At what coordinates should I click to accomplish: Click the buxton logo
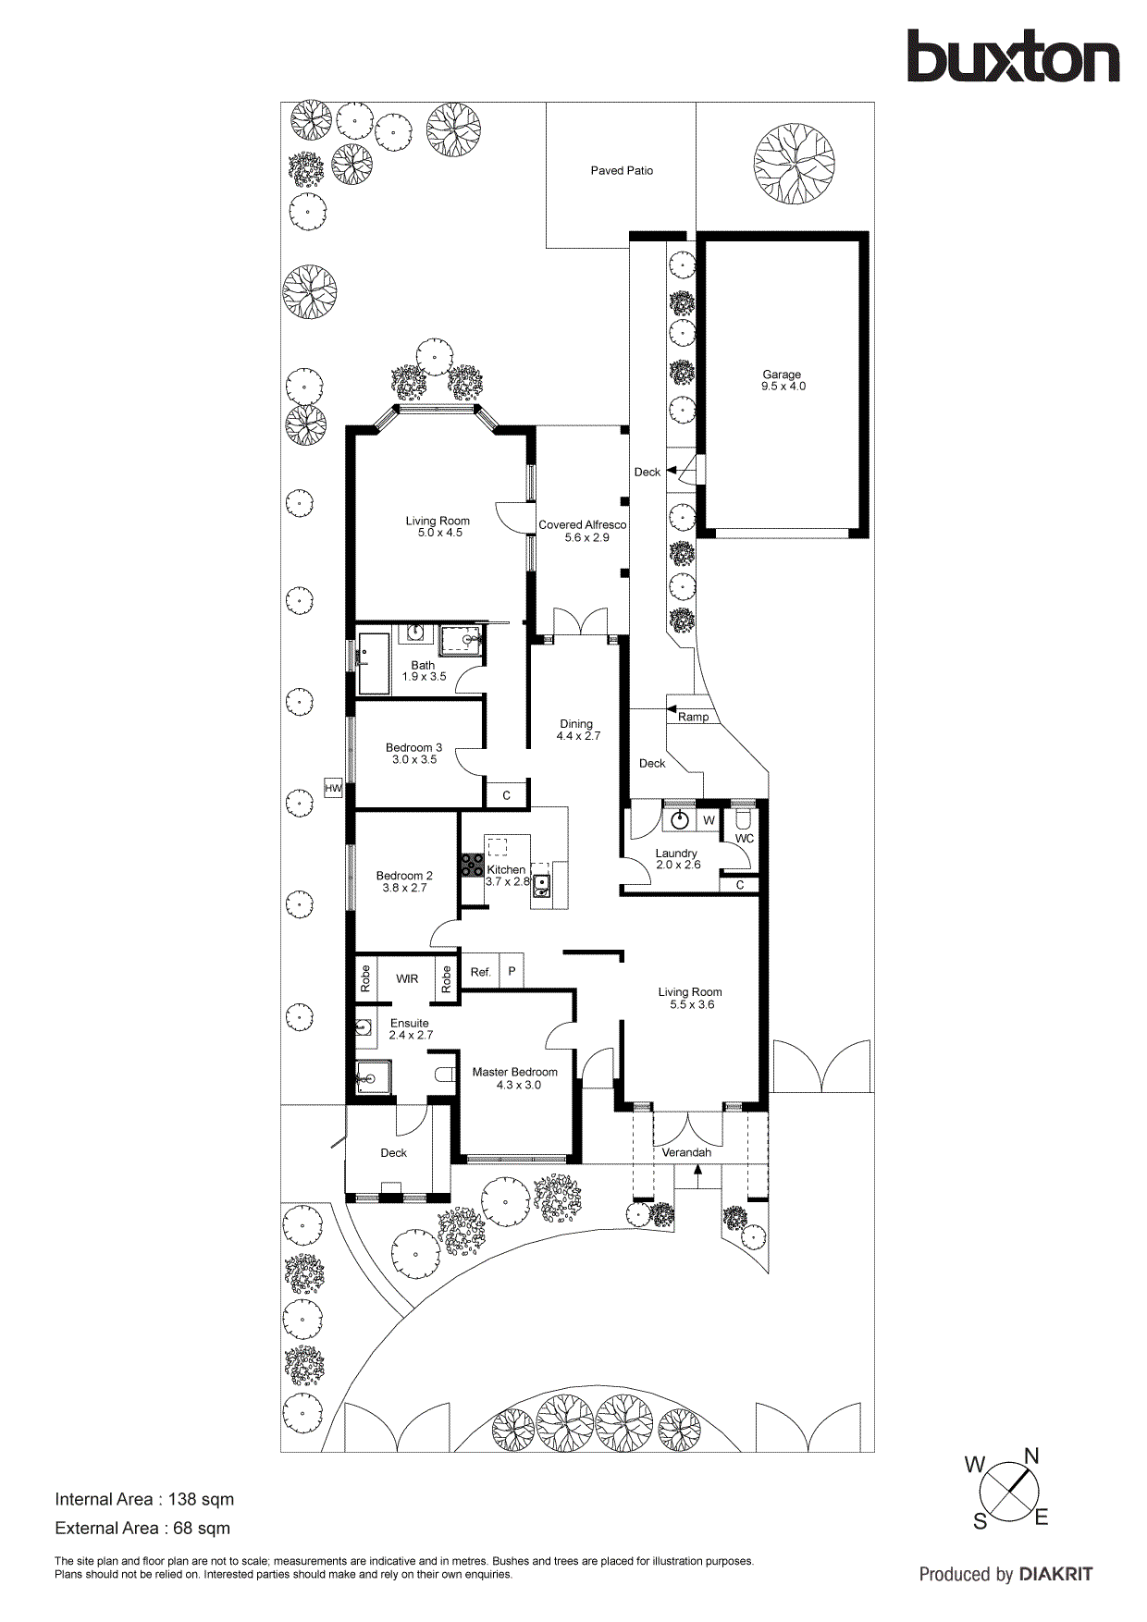[x=1012, y=57]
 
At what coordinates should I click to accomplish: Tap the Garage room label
[x=782, y=375]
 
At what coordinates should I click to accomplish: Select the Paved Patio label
[x=622, y=170]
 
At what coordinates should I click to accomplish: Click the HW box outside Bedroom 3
[x=333, y=789]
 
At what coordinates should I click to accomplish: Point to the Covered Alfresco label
[x=582, y=524]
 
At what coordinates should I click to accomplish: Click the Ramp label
[x=693, y=717]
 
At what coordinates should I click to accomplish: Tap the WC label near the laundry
[x=745, y=839]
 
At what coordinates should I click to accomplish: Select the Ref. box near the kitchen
[x=480, y=972]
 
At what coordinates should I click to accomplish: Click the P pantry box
[x=512, y=971]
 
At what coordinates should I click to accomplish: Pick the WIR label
[x=407, y=978]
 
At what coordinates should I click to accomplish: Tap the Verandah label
[x=686, y=1152]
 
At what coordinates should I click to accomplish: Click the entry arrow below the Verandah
[x=697, y=1173]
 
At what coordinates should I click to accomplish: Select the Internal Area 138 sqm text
[x=144, y=1499]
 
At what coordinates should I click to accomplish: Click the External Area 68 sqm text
[x=142, y=1528]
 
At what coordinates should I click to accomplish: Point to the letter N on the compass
[x=1031, y=1456]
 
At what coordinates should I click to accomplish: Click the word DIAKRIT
[x=1055, y=1574]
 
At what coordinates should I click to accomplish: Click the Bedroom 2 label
[x=404, y=875]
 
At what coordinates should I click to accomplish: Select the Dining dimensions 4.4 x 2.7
[x=578, y=736]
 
